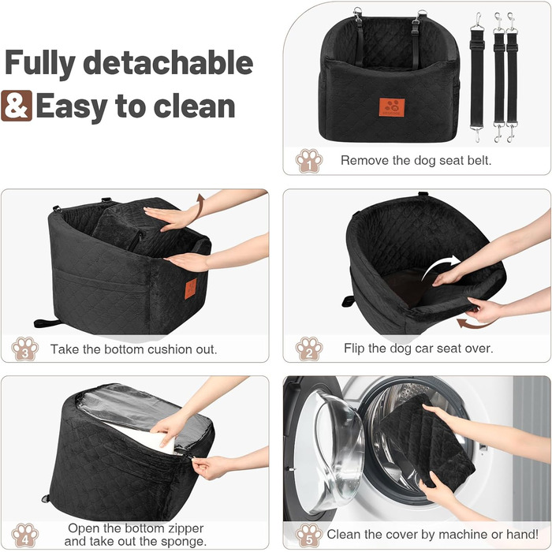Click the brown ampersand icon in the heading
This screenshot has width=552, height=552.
click(x=17, y=106)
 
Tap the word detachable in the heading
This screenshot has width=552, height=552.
click(x=168, y=62)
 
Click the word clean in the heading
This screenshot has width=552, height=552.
click(x=195, y=106)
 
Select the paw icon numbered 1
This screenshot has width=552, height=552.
click(x=309, y=161)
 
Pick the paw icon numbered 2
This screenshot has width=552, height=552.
click(x=309, y=349)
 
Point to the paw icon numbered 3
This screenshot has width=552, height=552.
click(x=24, y=349)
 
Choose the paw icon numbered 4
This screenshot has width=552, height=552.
click(x=24, y=535)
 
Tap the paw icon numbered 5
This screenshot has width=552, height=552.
click(x=309, y=535)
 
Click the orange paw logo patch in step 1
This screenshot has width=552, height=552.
click(x=392, y=107)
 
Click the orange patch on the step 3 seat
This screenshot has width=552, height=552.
click(x=191, y=289)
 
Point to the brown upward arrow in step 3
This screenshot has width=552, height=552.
click(x=200, y=207)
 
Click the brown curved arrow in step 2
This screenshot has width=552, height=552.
click(x=473, y=323)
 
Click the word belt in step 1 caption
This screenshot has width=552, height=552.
click(x=479, y=161)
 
